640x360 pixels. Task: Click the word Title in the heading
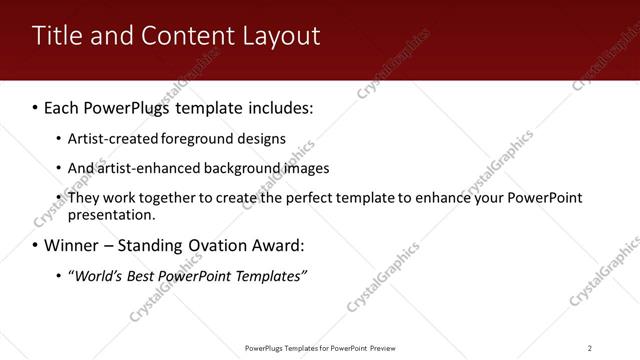tap(56, 36)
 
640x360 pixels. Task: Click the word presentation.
tap(112, 215)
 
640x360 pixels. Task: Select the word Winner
tap(72, 245)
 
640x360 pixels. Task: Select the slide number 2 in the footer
tap(590, 348)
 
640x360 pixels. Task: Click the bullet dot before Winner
tap(35, 246)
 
